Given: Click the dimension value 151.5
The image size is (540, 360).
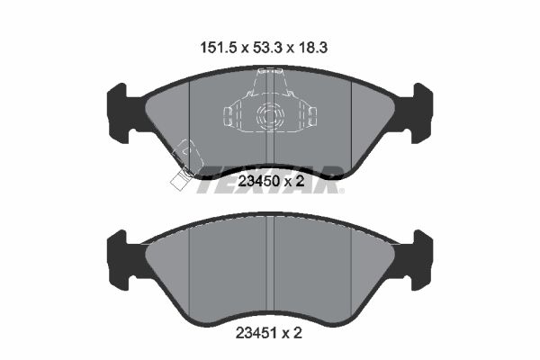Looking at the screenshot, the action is tap(219, 48).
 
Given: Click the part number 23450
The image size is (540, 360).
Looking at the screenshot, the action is tap(258, 181).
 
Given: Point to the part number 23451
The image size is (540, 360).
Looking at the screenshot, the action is tap(256, 333).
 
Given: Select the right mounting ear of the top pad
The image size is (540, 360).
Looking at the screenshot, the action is tap(418, 113).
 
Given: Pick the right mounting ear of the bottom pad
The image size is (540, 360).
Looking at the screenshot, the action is tap(418, 260).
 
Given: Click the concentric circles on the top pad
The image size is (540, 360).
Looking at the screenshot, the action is tap(270, 116).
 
